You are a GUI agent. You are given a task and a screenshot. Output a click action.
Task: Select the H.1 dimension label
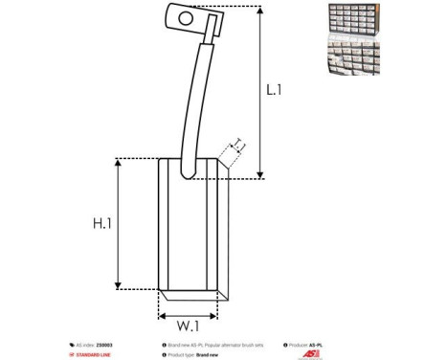[103, 223]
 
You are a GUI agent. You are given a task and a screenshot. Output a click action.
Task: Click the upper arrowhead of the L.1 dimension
[259, 11]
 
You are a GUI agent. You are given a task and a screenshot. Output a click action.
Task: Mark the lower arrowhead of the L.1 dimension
[259, 174]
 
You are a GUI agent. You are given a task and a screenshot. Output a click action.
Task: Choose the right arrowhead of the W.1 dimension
[227, 309]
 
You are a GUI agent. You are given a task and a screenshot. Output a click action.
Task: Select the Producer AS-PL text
[306, 345]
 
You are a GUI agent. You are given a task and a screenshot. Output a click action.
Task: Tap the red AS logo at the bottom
[310, 353]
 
